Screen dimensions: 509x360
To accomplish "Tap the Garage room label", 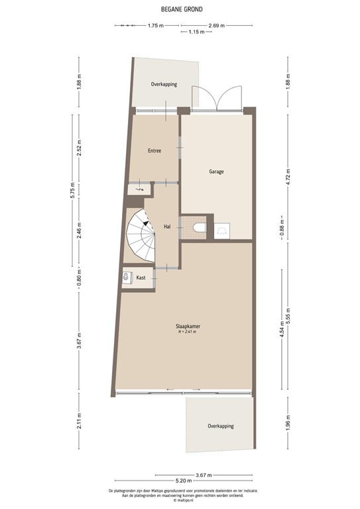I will [x=216, y=171].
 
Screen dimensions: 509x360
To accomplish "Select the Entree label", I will [x=154, y=150].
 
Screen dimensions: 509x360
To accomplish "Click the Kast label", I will [x=141, y=278].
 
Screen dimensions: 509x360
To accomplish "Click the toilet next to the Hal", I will [x=200, y=229].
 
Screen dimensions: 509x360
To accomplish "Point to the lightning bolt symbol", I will [x=139, y=190].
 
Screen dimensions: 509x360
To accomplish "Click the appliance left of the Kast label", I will [x=127, y=278].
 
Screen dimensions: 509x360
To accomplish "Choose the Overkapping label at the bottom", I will [x=220, y=425].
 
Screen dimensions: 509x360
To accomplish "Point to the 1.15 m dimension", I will [x=195, y=32].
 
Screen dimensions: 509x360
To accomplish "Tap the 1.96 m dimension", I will [x=288, y=422].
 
